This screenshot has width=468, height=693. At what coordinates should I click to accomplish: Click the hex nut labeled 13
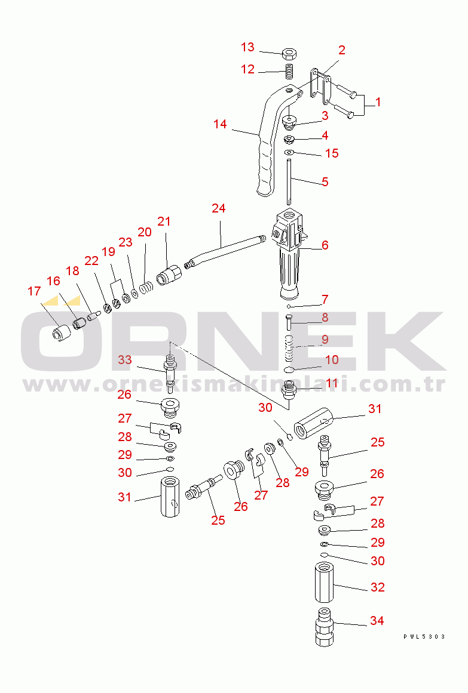[x=289, y=54]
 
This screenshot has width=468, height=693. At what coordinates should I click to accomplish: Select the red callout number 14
[x=219, y=124]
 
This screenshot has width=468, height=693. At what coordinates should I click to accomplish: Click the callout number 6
[x=325, y=245]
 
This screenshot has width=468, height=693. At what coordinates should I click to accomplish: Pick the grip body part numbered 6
[x=289, y=254]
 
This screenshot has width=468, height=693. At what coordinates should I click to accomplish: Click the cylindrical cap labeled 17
[x=62, y=333]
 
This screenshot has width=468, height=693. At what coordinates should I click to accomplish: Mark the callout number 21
[x=164, y=221]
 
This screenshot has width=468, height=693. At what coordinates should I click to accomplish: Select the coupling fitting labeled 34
[x=324, y=627]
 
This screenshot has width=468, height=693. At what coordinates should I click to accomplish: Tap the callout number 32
[x=377, y=587]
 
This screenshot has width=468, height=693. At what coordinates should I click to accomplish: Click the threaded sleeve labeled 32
[x=324, y=582]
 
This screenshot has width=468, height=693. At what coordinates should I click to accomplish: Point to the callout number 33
[x=125, y=360]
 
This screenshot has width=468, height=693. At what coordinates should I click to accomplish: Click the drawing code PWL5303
[x=424, y=636]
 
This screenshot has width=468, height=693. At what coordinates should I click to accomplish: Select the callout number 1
[x=378, y=102]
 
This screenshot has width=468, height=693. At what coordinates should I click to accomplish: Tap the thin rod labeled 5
[x=289, y=181]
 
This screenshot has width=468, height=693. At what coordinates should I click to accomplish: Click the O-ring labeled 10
[x=289, y=369]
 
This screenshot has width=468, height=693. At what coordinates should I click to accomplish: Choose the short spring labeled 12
[x=289, y=72]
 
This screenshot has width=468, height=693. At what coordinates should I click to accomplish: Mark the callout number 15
[x=332, y=153]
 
